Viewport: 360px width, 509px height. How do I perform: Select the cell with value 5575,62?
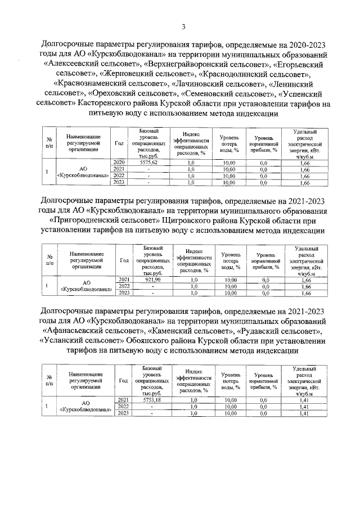tap(148, 163)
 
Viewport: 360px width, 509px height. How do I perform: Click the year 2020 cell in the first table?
tap(119, 163)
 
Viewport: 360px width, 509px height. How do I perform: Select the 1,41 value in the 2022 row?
tap(305, 407)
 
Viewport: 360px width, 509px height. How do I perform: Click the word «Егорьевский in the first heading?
tap(293, 65)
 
